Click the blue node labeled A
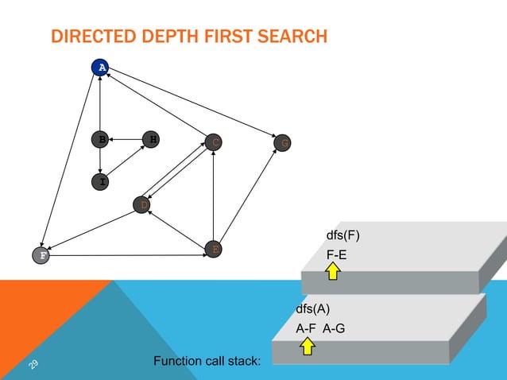coord(100,68)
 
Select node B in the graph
coord(100,140)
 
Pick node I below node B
coord(100,182)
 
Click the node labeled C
coord(213,143)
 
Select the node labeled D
coord(142,205)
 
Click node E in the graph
coord(213,249)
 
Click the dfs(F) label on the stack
coord(344,236)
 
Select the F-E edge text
coord(336,254)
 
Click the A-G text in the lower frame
coord(334,328)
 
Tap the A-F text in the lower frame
coord(307,328)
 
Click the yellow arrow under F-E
coord(333,273)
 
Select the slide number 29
coord(34,364)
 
